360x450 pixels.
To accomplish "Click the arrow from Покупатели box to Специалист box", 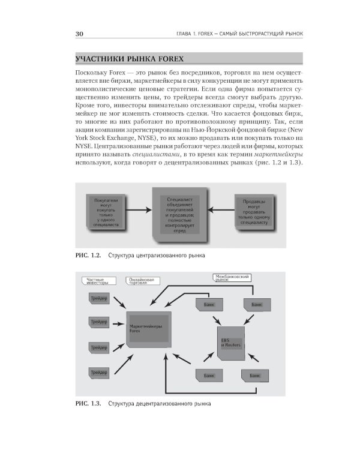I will [139, 210].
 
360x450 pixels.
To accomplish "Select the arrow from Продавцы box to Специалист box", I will [221, 210].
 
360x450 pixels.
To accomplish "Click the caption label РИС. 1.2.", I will [86, 256].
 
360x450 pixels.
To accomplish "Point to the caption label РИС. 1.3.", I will [86, 403].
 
